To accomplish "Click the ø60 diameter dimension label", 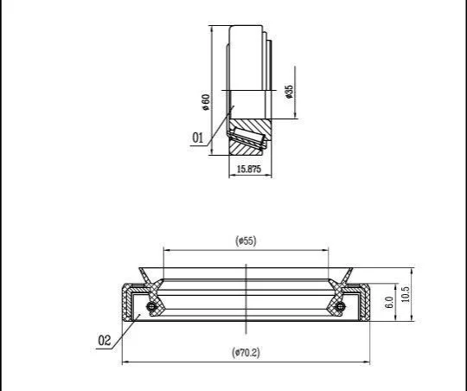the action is point(206,102).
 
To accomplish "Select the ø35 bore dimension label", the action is point(289,92).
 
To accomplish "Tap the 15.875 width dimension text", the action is point(249,169).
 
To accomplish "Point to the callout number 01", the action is point(197,138).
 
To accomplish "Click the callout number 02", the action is point(105,340).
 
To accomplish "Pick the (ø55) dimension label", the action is point(246,240).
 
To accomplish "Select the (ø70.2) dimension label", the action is point(246,353).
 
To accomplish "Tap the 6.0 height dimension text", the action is point(389,302).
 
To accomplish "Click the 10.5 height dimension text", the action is point(406,294).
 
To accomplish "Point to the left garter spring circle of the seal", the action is point(151,306).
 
